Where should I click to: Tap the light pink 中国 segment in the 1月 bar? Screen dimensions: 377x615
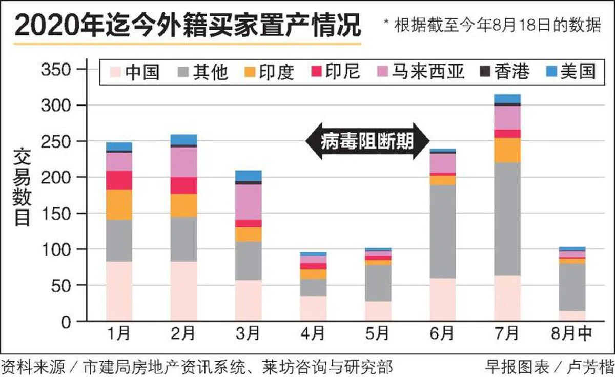pos(119,291)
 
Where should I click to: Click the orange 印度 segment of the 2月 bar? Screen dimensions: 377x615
pos(184,205)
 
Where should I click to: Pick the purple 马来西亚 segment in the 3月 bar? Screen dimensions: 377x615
pos(249,202)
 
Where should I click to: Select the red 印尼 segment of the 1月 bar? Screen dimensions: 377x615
pos(119,180)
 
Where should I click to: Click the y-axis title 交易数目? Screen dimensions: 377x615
pos(22,187)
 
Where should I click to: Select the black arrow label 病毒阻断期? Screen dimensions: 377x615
pos(367,141)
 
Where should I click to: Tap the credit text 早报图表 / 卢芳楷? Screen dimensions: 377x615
pos(548,367)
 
